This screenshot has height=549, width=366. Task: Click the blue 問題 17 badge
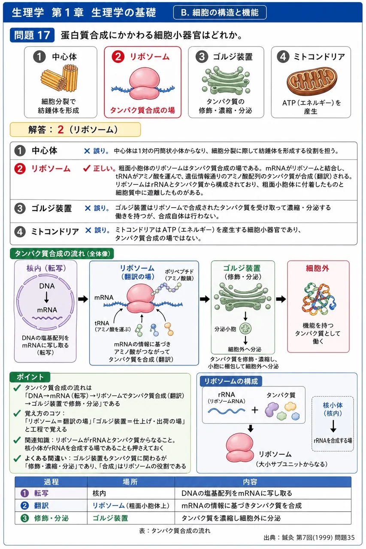tap(32, 35)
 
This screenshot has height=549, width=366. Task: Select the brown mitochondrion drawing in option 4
tap(312, 81)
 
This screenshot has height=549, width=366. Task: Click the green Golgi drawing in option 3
tap(226, 80)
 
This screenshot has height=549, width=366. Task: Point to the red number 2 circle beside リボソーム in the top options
tap(118, 57)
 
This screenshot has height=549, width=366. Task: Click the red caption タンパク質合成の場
tap(142, 110)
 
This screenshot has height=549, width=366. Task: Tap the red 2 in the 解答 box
tap(60, 130)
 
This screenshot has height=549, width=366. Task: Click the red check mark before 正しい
tap(87, 168)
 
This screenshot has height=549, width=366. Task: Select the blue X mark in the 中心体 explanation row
tap(87, 151)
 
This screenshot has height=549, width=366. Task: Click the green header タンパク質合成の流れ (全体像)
tap(62, 253)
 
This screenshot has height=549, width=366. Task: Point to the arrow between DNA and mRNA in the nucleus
tap(47, 298)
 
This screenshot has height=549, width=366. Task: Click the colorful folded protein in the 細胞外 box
tap(319, 299)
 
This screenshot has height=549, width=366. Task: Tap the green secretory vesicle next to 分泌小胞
tap(245, 329)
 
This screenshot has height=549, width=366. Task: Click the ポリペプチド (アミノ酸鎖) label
tap(179, 275)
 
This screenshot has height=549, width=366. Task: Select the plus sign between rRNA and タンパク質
tap(255, 410)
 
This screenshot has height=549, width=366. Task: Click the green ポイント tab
tap(30, 377)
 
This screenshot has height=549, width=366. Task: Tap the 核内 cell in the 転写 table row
tap(99, 493)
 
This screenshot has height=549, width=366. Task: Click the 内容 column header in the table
tap(250, 482)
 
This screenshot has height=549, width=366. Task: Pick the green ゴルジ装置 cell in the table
tap(110, 518)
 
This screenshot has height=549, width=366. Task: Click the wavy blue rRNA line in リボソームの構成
tap(226, 410)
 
